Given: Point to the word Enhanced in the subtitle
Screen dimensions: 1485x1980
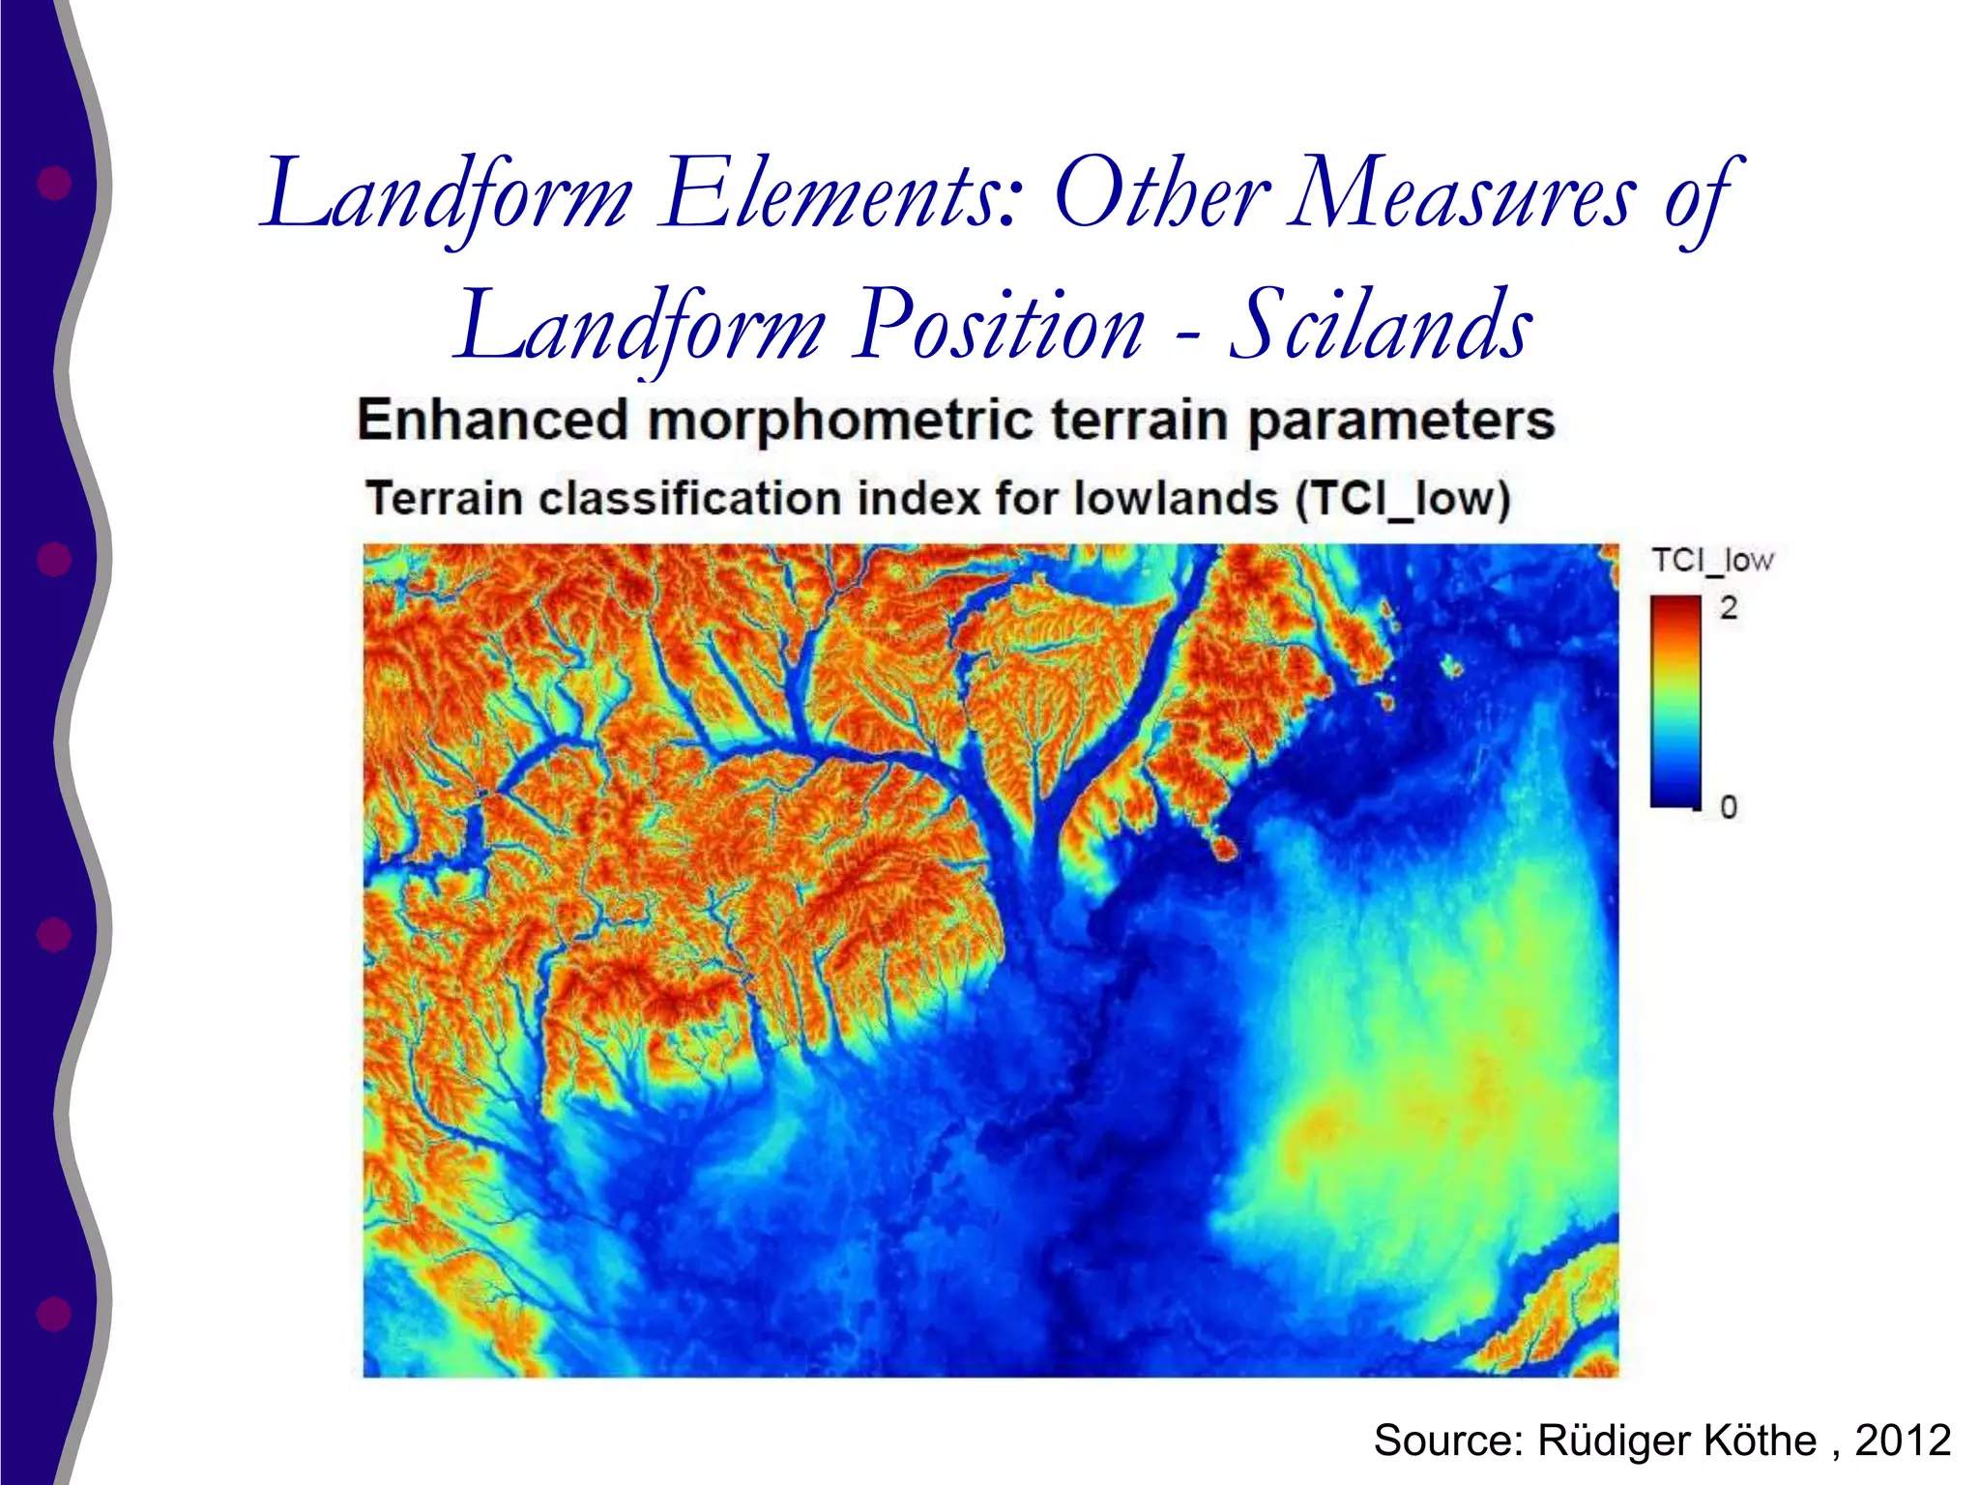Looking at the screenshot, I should tap(492, 421).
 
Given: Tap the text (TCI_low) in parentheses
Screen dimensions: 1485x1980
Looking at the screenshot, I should tap(1403, 500).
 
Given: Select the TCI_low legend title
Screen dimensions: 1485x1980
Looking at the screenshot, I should tap(1712, 561).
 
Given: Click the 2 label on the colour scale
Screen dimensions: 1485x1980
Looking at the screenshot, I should tap(1729, 608).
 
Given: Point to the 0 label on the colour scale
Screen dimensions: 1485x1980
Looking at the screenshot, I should tap(1729, 806).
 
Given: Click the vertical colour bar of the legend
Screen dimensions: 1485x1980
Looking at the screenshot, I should tap(1675, 702).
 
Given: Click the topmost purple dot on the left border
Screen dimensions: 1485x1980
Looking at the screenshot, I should tap(54, 182).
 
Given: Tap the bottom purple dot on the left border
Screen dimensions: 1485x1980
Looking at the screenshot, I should tap(54, 1314).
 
